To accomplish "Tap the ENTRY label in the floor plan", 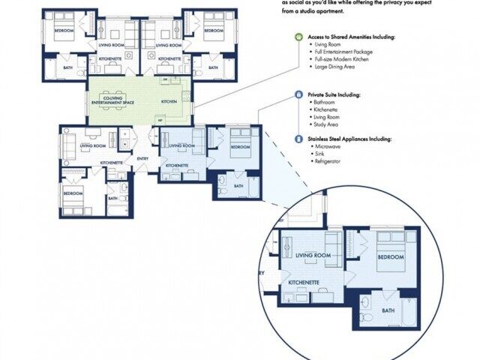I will pyautogui.click(x=142, y=158).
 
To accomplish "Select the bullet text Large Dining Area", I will pyautogui.click(x=336, y=67).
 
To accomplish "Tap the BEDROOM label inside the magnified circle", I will pyautogui.click(x=390, y=257).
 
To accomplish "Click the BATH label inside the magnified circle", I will pyautogui.click(x=388, y=310).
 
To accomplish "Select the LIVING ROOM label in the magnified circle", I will pyautogui.click(x=313, y=256).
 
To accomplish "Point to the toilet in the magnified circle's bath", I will pyautogui.click(x=364, y=303).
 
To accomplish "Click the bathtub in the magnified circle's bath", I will pyautogui.click(x=409, y=310).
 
